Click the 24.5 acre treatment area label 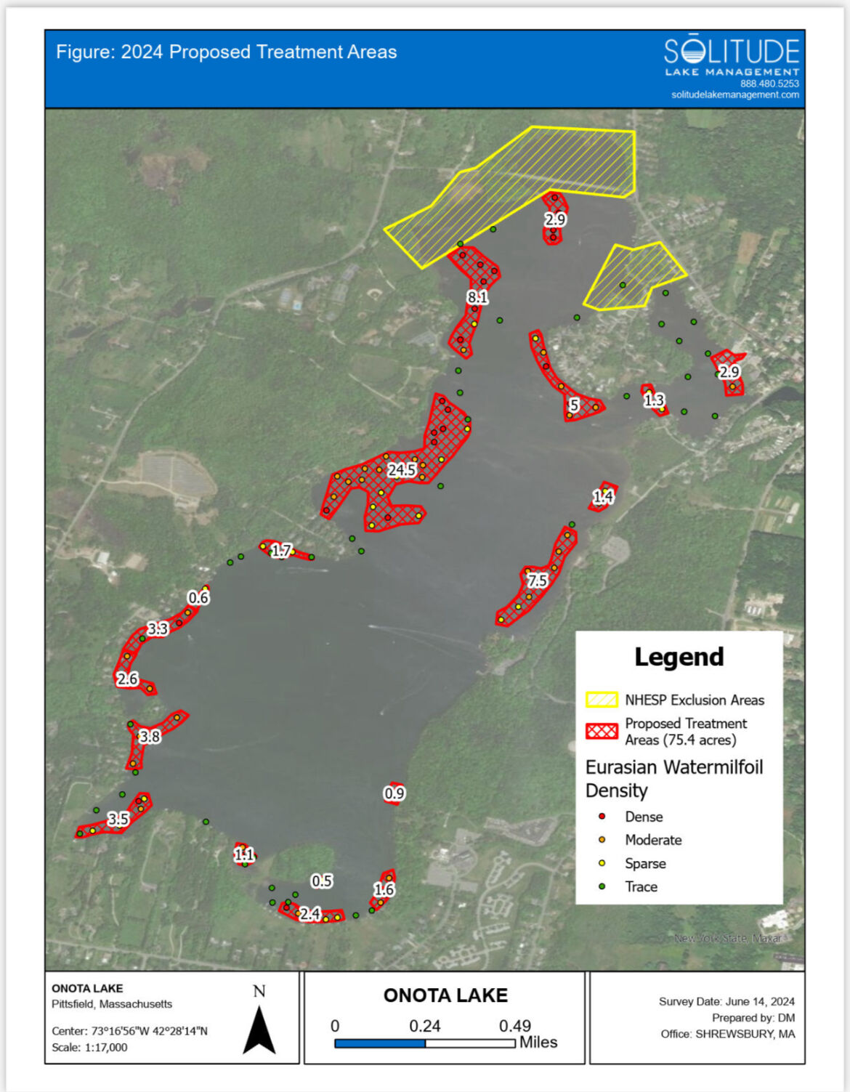tap(401, 470)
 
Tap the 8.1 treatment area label tap(477, 297)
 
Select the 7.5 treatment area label tap(538, 581)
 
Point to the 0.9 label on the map tap(394, 793)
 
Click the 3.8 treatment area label tap(150, 737)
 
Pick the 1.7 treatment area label tap(281, 551)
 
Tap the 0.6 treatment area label tap(198, 597)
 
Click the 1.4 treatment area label tap(603, 497)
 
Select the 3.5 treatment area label tap(118, 819)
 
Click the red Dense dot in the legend tap(602, 817)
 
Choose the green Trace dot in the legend tap(602, 886)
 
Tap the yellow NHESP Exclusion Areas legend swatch tap(602, 700)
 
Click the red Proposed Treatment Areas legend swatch tap(602, 731)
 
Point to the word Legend tap(679, 657)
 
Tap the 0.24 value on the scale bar tap(425, 1026)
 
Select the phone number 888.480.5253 tap(769, 84)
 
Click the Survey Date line tap(726, 1001)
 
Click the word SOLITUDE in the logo tap(732, 52)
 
